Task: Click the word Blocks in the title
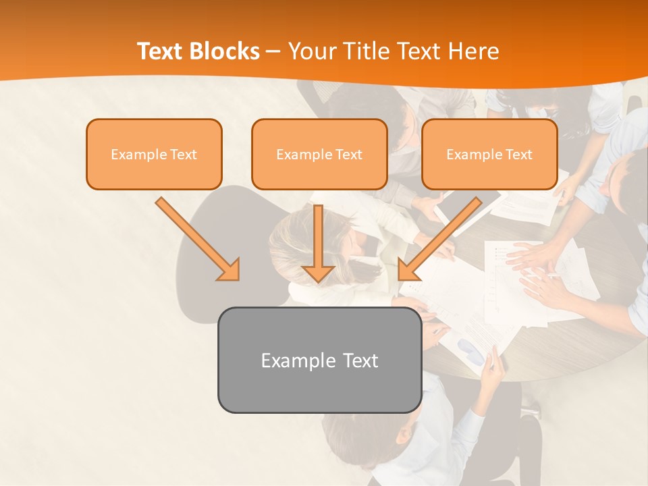pos(225,51)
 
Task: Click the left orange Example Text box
pos(154,154)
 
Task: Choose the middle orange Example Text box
pos(319,154)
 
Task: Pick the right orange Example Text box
pos(489,154)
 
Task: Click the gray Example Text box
pos(319,360)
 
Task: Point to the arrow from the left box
pos(196,238)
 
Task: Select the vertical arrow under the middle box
pos(318,243)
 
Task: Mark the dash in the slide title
pos(274,52)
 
